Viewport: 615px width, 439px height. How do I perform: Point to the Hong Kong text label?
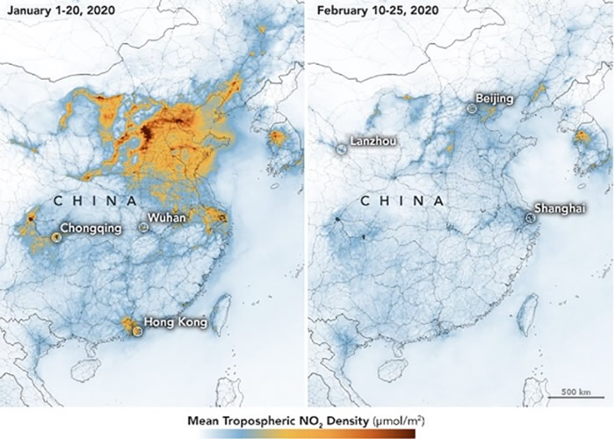pos(174,322)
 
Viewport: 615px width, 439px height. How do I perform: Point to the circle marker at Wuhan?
pos(144,227)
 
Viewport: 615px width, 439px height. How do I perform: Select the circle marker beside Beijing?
pos(472,109)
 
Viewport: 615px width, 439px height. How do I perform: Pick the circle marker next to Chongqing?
pos(57,236)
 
